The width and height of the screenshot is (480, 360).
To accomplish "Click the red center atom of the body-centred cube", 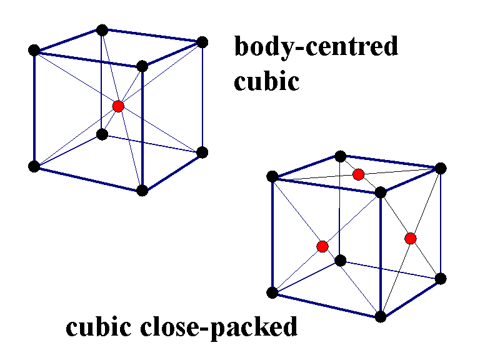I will pyautogui.click(x=118, y=106).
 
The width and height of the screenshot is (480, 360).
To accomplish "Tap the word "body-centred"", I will pyautogui.click(x=316, y=47).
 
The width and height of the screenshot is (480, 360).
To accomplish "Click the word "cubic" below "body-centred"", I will pyautogui.click(x=267, y=81).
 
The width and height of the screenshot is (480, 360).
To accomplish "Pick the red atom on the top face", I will pyautogui.click(x=358, y=174).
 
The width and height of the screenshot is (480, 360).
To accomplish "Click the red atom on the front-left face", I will pyautogui.click(x=322, y=246).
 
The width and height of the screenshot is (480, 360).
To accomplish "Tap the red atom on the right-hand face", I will pyautogui.click(x=410, y=238).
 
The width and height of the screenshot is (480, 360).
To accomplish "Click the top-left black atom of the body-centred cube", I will pyautogui.click(x=34, y=50).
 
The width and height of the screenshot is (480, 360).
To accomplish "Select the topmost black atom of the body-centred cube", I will pyautogui.click(x=102, y=30).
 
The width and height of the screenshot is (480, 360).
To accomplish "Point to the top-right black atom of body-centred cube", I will pyautogui.click(x=201, y=42).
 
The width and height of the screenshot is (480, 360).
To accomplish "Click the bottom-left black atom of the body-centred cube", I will pyautogui.click(x=34, y=166).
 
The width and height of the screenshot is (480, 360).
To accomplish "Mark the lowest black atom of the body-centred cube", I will pyautogui.click(x=142, y=191).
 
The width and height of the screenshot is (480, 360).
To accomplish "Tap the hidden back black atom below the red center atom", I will pyautogui.click(x=102, y=134).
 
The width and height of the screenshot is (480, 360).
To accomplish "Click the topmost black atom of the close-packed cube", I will pyautogui.click(x=340, y=156).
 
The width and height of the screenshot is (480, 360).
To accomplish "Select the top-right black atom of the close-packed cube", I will pyautogui.click(x=440, y=167).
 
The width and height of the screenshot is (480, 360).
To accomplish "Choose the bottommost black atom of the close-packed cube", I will pyautogui.click(x=381, y=316).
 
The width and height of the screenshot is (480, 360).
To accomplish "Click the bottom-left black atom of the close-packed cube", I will pyautogui.click(x=272, y=292).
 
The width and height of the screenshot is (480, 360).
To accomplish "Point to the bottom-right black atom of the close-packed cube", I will pyautogui.click(x=440, y=278).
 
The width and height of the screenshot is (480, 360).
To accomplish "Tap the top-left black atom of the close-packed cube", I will pyautogui.click(x=272, y=177).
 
